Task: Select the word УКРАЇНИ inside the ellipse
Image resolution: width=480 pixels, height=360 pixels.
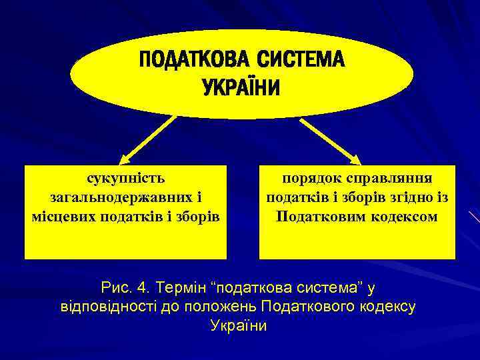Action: pyautogui.click(x=241, y=88)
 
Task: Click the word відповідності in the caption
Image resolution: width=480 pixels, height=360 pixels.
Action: pyautogui.click(x=110, y=307)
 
